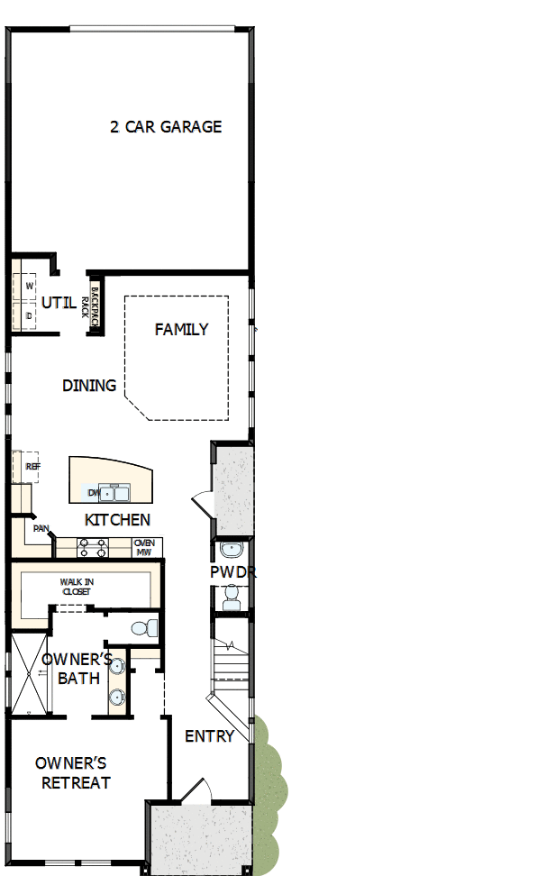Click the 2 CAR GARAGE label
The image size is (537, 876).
tap(166, 127)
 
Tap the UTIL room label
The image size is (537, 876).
tap(59, 303)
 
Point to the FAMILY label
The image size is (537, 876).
tap(181, 330)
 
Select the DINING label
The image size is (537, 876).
tap(89, 386)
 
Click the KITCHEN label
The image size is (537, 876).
tap(117, 520)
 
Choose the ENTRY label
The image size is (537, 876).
tap(209, 736)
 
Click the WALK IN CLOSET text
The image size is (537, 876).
tap(77, 587)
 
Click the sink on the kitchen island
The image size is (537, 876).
tap(115, 492)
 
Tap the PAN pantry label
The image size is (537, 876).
tap(41, 528)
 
